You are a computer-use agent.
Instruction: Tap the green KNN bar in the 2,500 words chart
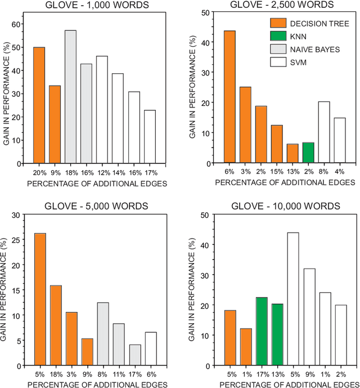click(308, 153)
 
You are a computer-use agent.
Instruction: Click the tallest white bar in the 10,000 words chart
click(293, 299)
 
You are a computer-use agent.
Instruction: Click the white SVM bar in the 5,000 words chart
click(151, 349)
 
